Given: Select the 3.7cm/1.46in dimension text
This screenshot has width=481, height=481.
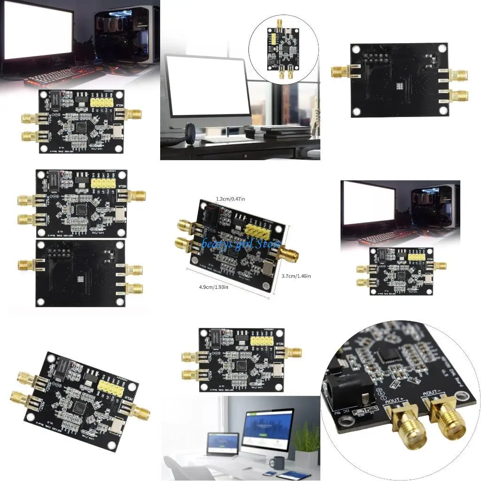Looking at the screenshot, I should click(x=295, y=276).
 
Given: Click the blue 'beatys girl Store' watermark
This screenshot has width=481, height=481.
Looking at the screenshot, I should click(x=241, y=244).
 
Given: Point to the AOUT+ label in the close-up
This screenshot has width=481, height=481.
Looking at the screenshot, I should click(x=396, y=401).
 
